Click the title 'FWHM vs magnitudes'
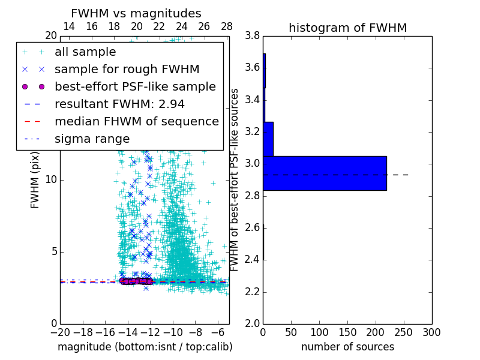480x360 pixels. [x=136, y=13]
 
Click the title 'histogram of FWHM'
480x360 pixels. [x=347, y=28]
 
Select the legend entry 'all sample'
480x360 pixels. [x=85, y=52]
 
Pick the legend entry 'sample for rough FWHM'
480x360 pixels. [x=127, y=69]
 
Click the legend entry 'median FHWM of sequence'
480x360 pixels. [x=136, y=121]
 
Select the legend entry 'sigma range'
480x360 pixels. [x=92, y=139]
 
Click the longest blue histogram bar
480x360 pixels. [x=325, y=173]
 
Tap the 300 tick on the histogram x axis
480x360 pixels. [x=431, y=332]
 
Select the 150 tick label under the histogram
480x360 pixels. [x=347, y=332]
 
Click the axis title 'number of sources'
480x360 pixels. [x=347, y=347]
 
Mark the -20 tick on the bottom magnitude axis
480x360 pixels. [x=60, y=332]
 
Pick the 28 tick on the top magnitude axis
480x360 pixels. [x=226, y=26]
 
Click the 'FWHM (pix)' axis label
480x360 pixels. [x=35, y=180]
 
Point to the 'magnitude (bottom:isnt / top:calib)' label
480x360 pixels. [x=145, y=347]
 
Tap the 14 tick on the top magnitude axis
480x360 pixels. [x=69, y=26]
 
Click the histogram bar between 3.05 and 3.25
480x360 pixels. [x=268, y=139]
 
